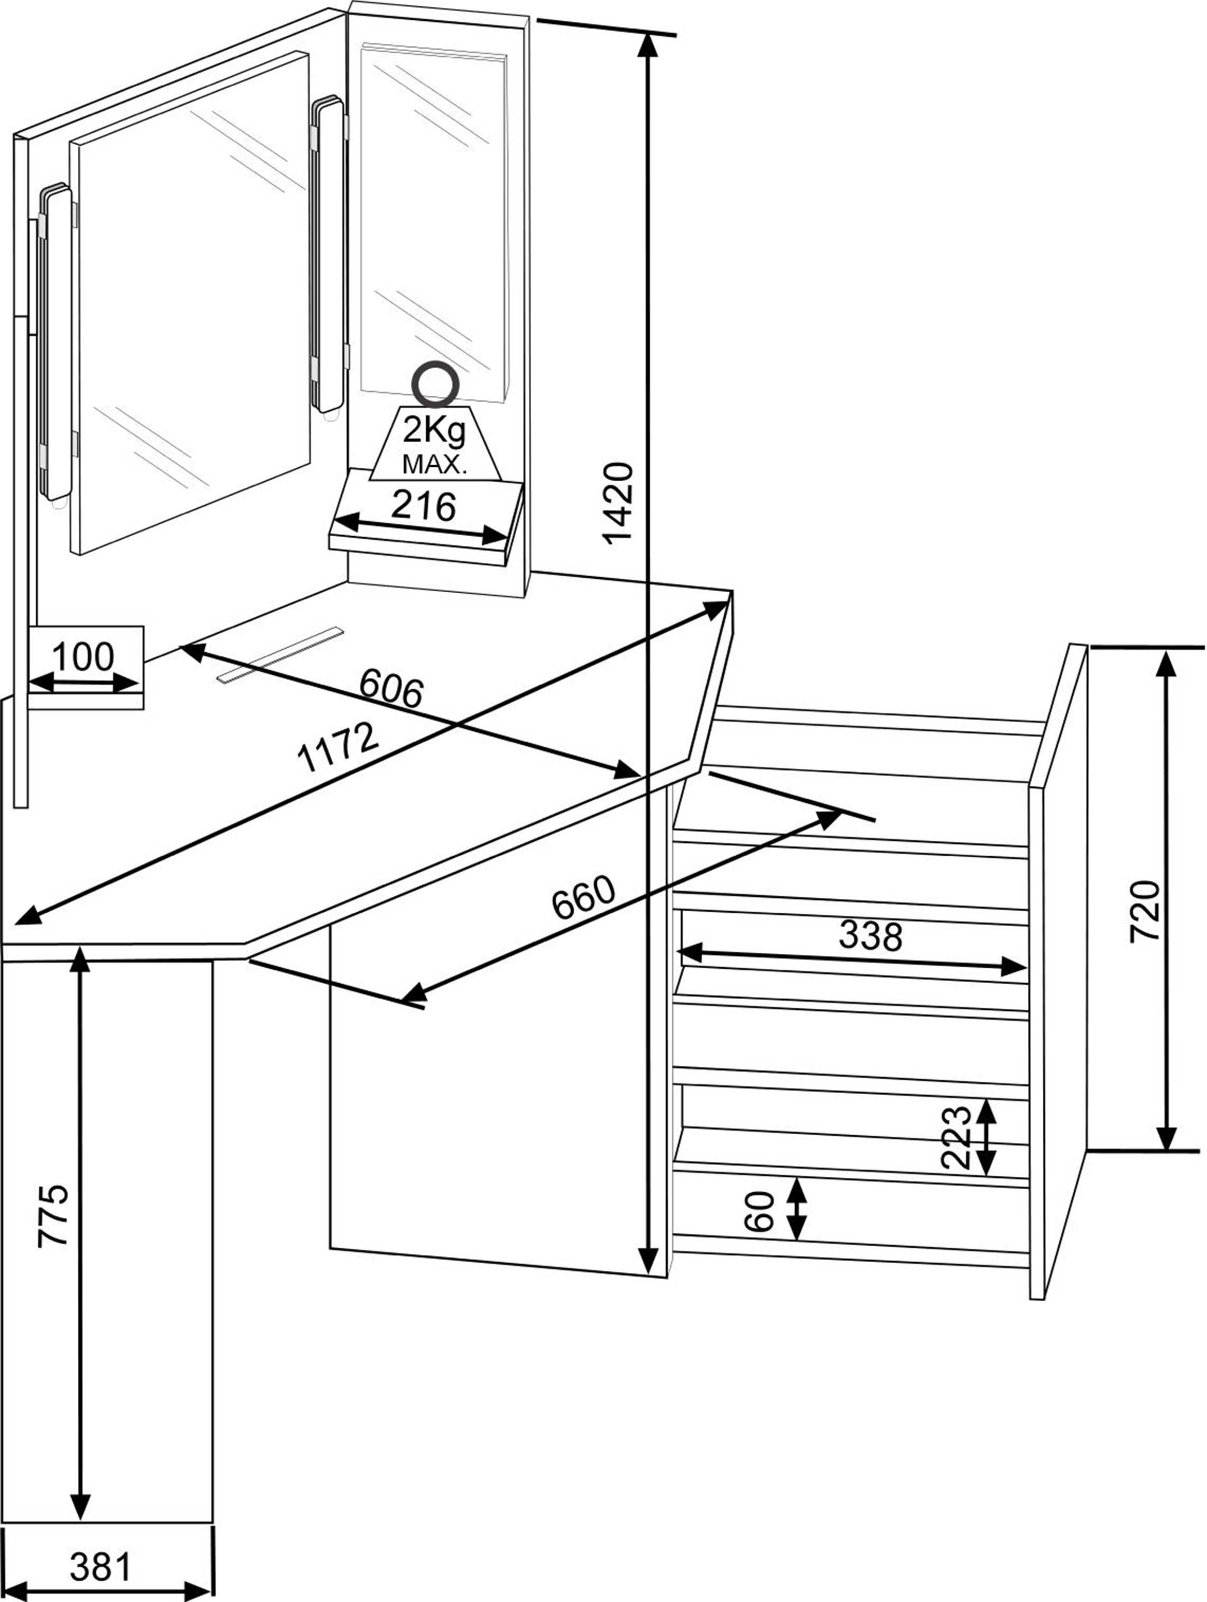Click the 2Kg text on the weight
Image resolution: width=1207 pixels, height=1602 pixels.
435,432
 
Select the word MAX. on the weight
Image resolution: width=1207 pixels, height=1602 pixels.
435,465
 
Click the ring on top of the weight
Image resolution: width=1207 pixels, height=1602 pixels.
434,384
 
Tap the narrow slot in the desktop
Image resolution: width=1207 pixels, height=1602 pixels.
279,654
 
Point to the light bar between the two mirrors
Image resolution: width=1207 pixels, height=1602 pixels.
327,253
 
